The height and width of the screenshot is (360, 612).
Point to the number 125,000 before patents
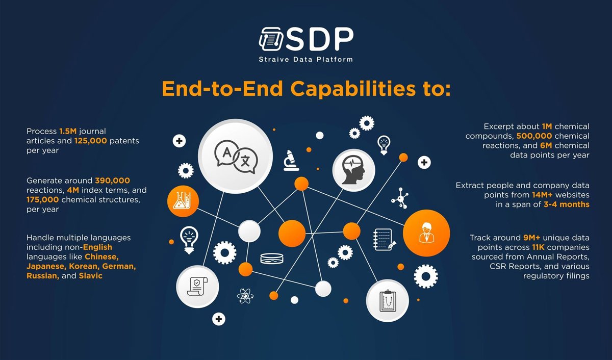(x=91, y=140)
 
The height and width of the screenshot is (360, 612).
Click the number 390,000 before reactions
(x=112, y=181)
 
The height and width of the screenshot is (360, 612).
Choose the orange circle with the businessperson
(x=426, y=233)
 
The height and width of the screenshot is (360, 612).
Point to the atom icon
(x=245, y=296)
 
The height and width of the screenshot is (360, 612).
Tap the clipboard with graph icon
(x=387, y=300)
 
